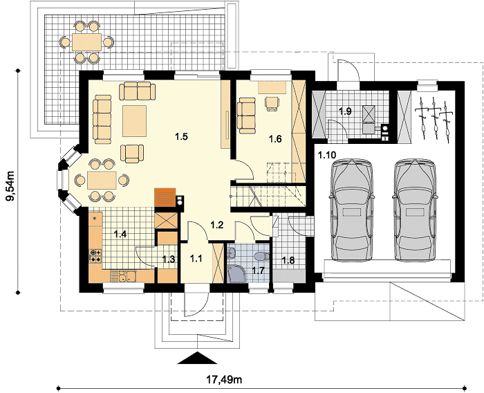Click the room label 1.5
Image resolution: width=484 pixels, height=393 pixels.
tap(181, 136)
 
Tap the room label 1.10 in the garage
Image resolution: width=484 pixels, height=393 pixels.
tap(327, 155)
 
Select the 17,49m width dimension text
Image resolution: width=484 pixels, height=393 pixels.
tap(224, 379)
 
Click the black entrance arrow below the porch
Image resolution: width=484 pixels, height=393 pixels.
tap(198, 358)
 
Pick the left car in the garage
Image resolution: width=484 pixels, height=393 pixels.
tap(351, 211)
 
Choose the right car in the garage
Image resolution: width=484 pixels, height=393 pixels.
tap(415, 211)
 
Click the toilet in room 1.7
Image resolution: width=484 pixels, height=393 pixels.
tap(261, 256)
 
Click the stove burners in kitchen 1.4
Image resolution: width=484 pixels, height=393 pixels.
tap(95, 256)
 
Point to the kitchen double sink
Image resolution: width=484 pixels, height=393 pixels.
tap(123, 276)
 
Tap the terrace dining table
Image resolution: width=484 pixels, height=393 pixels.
tap(86, 42)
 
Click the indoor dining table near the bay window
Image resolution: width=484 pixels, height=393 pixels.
tap(102, 180)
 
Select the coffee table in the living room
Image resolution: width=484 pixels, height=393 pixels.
tap(134, 121)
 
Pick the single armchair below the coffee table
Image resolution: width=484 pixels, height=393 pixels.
tap(132, 153)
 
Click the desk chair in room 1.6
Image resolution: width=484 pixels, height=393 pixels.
tap(272, 102)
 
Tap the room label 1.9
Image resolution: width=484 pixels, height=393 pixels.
tap(345, 111)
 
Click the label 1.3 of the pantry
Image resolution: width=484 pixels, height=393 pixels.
tap(169, 259)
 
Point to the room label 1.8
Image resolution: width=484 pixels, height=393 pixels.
tap(288, 260)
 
